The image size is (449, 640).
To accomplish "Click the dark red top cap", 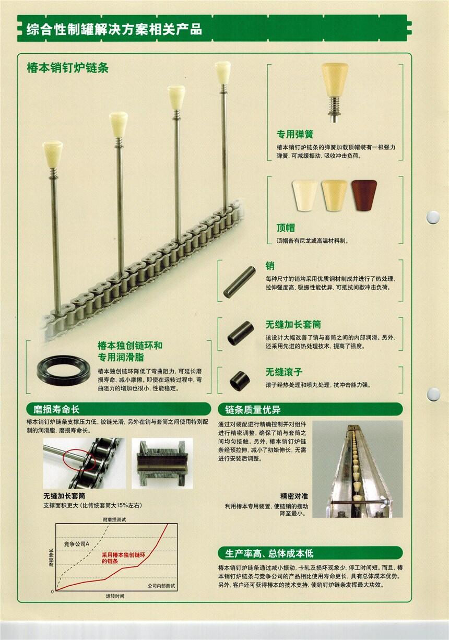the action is click(x=364, y=195).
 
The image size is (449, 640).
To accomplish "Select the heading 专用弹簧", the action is click(x=294, y=134).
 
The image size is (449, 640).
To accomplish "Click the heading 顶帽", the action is click(x=286, y=228).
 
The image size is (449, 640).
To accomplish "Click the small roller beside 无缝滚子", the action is click(x=240, y=381).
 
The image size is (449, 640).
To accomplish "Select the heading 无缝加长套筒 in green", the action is click(x=293, y=324).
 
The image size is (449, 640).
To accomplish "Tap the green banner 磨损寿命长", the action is click(x=119, y=409).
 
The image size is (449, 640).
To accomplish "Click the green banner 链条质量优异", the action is click(x=310, y=409).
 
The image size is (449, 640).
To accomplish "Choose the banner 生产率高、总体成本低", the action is click(x=310, y=553).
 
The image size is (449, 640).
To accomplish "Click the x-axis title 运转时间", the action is click(x=115, y=596).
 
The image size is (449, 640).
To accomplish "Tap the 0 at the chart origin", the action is click(x=52, y=591).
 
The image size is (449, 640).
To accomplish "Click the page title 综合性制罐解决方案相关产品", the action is click(x=114, y=29).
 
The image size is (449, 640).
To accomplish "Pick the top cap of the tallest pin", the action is click(x=222, y=72).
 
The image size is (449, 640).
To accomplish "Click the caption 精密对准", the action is click(x=294, y=496).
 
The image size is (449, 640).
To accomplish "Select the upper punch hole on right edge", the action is click(x=433, y=217).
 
